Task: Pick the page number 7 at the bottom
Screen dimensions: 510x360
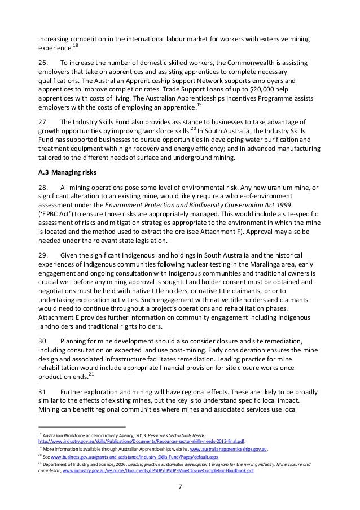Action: coord(179,487)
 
